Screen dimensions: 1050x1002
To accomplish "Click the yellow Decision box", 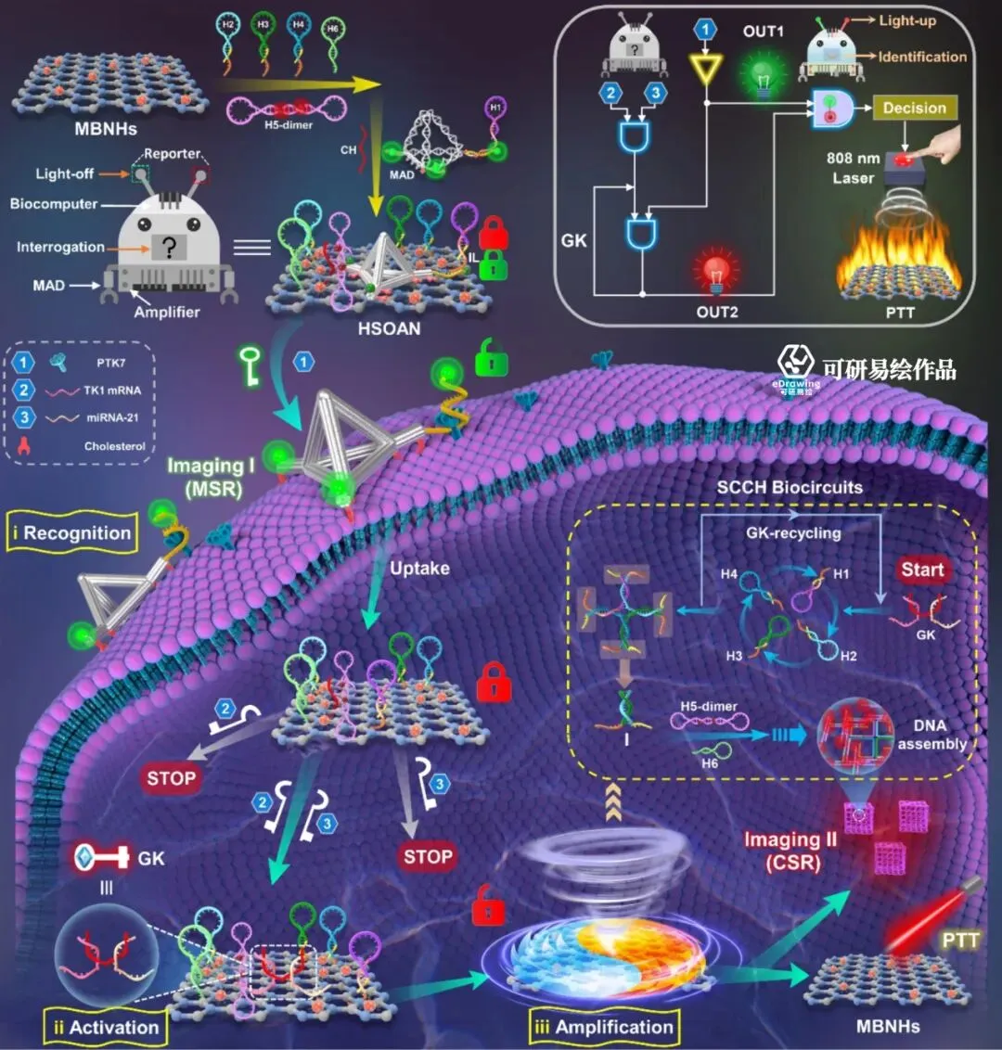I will point(914,108).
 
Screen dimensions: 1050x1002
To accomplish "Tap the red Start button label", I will point(921,570).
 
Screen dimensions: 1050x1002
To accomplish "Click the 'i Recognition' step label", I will point(71,533).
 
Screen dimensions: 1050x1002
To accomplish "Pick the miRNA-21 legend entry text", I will point(112,417).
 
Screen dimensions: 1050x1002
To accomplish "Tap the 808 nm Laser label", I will point(853,168).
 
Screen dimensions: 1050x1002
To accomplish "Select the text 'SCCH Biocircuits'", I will point(789,487).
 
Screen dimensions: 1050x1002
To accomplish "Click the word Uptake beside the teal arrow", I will point(419,568).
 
